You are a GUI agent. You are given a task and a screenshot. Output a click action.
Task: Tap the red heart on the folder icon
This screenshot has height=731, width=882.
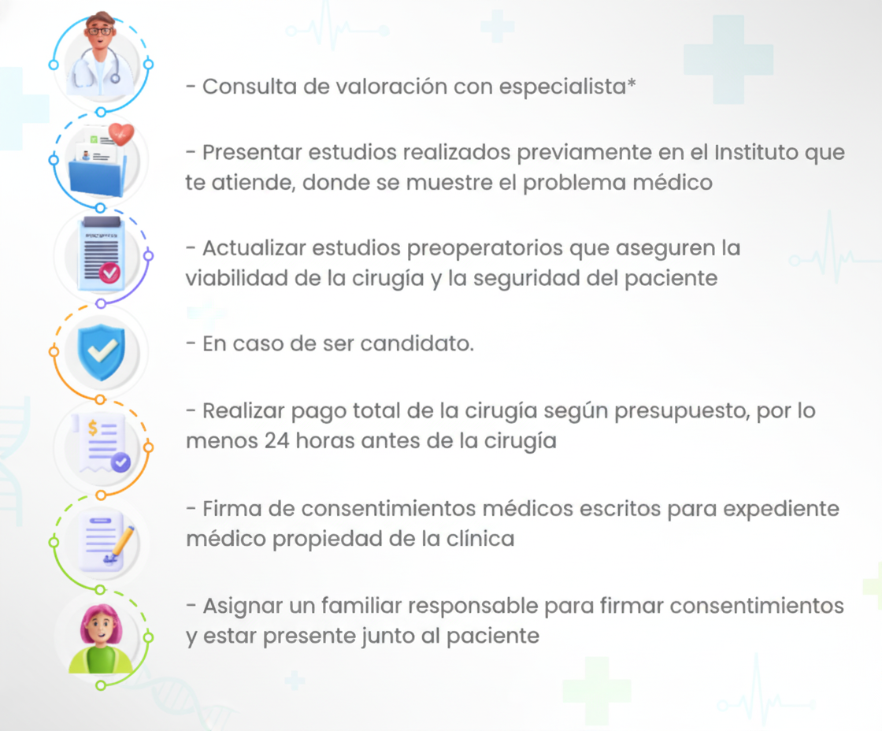point(121,134)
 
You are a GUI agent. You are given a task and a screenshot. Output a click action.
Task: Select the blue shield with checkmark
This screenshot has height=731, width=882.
point(102,351)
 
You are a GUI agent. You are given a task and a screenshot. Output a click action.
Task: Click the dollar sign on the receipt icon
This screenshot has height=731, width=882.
point(93,429)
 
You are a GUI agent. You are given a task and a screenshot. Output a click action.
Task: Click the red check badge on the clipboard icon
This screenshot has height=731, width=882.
point(109,273)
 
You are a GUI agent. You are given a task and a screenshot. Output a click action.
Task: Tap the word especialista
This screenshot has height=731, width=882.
point(562,87)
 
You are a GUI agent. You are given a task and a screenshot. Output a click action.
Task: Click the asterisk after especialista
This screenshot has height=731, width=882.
point(632,83)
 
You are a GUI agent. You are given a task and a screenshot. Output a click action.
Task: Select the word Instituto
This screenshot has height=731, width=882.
point(756,152)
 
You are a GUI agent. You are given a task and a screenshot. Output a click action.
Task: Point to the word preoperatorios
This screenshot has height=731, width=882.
point(485,249)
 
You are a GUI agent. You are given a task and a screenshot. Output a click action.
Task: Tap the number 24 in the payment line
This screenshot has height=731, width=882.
point(276,440)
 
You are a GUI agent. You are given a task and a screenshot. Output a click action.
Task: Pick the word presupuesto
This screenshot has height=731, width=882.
point(682,412)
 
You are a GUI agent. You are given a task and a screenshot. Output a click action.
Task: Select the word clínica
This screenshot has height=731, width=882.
point(480,539)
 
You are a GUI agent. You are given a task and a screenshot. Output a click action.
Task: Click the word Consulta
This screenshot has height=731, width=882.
point(249,87)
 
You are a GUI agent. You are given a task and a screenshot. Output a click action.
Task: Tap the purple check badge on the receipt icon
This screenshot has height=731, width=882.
point(120,462)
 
